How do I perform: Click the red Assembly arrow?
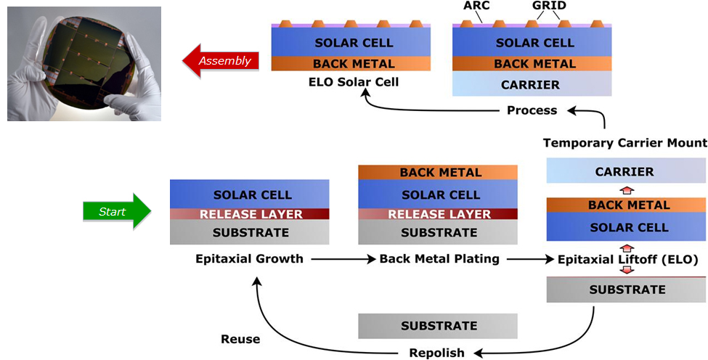click(x=220, y=61)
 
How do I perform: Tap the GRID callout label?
click(x=550, y=6)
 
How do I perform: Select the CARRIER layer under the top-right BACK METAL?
click(x=531, y=84)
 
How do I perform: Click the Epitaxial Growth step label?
click(x=249, y=258)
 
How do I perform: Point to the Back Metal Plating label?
click(x=439, y=258)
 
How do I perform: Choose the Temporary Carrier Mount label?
click(x=625, y=142)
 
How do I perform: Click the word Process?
click(x=532, y=110)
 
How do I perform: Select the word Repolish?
click(x=436, y=353)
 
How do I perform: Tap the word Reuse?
click(x=240, y=338)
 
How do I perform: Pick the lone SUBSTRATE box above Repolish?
click(x=438, y=326)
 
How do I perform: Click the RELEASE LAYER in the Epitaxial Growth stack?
click(x=249, y=214)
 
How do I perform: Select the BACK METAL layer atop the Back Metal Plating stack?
click(x=438, y=173)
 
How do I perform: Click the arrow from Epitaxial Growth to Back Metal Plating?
click(x=341, y=258)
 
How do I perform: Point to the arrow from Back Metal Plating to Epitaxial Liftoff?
click(x=529, y=258)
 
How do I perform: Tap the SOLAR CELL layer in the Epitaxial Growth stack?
click(x=249, y=195)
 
